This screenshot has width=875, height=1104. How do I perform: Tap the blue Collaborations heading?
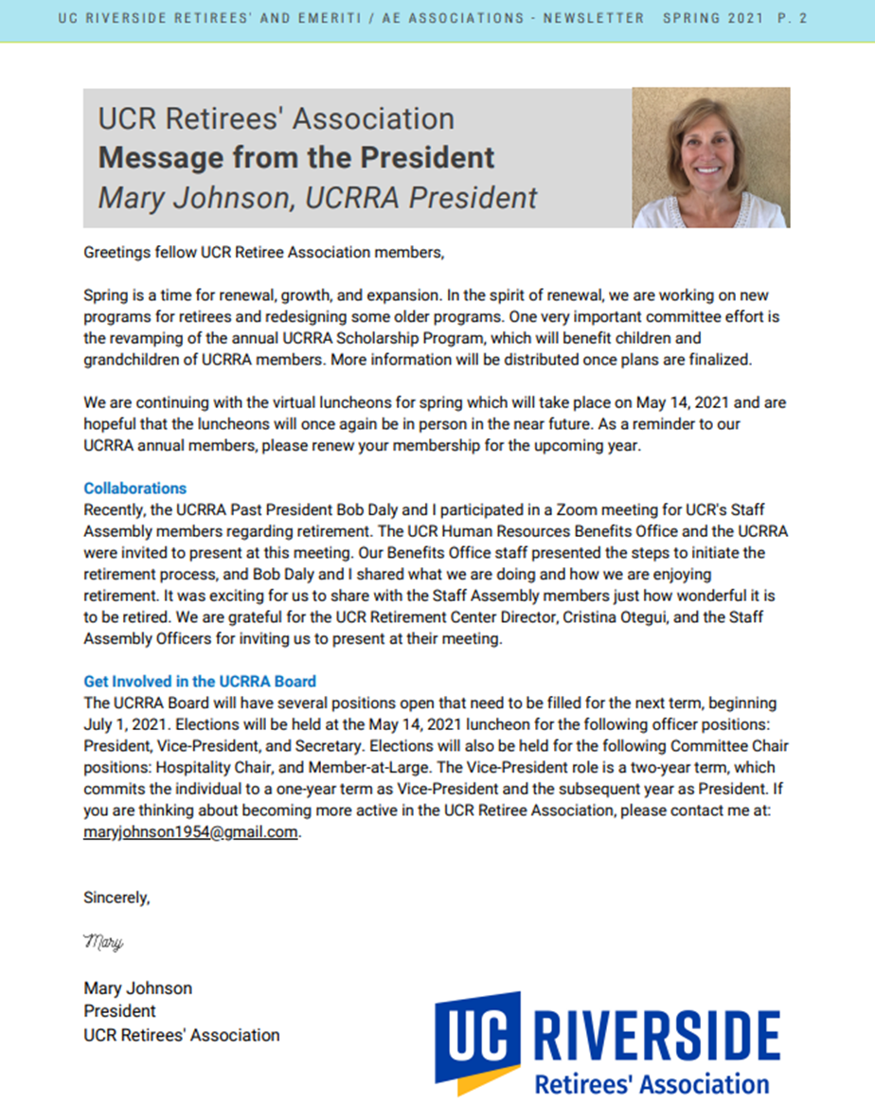click(x=134, y=489)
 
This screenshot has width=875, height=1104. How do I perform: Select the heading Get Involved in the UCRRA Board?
click(x=200, y=682)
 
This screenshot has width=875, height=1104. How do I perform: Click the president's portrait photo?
click(x=710, y=158)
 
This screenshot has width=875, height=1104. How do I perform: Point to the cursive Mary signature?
click(x=103, y=943)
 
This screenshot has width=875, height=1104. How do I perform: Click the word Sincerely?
click(x=116, y=898)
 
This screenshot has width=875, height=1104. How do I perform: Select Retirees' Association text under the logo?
click(x=652, y=1083)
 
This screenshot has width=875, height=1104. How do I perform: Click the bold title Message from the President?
click(x=296, y=157)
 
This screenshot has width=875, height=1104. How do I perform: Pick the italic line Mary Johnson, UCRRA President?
click(x=317, y=197)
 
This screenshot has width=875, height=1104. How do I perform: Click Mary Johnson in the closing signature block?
click(x=137, y=988)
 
